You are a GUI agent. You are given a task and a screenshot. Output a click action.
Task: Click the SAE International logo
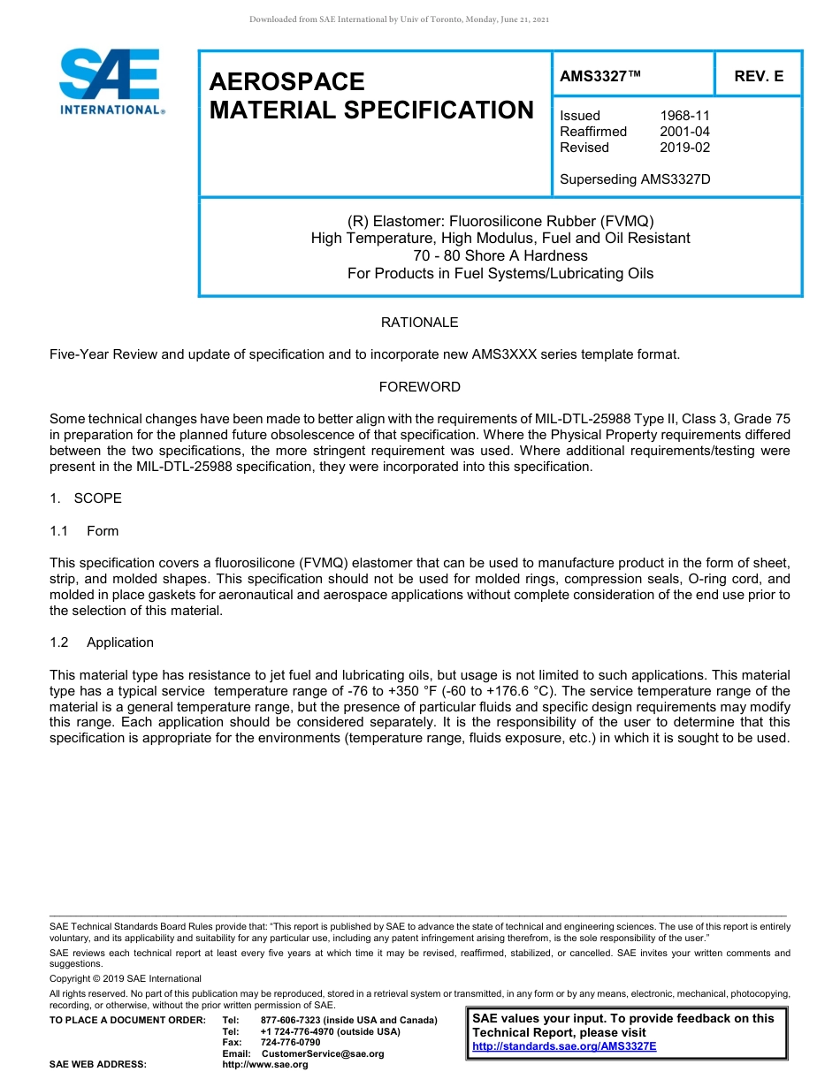point(111,81)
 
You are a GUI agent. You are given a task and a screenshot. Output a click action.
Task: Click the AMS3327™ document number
point(599,77)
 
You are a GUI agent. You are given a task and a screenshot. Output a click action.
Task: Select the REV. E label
point(759,77)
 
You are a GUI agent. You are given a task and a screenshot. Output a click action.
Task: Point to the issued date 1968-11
point(684,116)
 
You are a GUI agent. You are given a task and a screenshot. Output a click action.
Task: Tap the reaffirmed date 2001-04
point(684,132)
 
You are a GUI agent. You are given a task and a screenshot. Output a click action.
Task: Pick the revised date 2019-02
point(684,148)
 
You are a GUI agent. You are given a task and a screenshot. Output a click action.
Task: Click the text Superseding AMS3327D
point(635,179)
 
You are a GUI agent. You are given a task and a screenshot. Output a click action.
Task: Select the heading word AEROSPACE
point(286,82)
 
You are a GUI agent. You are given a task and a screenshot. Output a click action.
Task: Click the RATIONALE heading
point(419,323)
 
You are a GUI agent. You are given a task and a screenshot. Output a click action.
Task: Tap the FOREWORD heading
point(419,387)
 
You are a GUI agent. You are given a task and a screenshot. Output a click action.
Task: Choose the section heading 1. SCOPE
point(86,498)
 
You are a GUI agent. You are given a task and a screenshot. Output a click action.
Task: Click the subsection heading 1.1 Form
point(85,531)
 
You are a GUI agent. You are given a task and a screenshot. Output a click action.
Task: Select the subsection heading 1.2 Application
point(102,642)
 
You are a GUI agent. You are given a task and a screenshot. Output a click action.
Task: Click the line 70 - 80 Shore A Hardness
point(500,255)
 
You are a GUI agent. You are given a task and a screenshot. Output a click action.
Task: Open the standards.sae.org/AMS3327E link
point(564,1046)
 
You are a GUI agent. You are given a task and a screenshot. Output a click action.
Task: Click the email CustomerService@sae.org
point(323,1053)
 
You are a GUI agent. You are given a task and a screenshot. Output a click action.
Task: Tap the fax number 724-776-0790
point(290,1043)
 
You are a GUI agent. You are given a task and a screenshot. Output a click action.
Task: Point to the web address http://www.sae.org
point(265,1065)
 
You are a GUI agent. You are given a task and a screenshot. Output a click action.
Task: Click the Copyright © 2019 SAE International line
point(126,978)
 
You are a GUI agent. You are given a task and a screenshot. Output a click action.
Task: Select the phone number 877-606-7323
point(290,1021)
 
